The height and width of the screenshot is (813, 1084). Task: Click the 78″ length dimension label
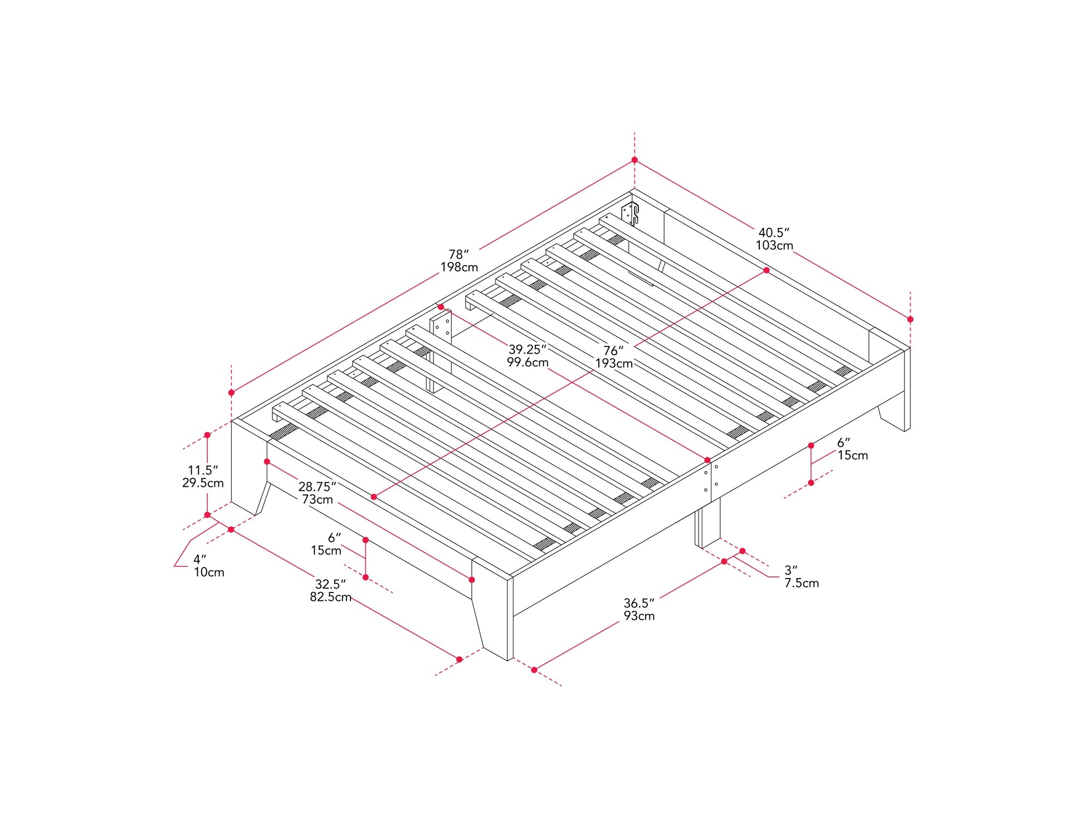[x=459, y=254]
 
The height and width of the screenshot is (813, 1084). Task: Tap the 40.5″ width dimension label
[x=774, y=232]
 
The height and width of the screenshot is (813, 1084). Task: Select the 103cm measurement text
[x=774, y=246]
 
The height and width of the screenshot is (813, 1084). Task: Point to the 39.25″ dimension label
[x=528, y=349]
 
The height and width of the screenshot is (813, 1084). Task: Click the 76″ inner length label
[x=613, y=351]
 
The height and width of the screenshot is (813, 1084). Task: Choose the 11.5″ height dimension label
[x=203, y=470]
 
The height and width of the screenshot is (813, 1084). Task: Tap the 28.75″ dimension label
[x=317, y=487]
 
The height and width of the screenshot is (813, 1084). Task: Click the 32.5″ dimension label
[x=330, y=584]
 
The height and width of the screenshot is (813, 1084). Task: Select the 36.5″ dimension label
[x=639, y=603]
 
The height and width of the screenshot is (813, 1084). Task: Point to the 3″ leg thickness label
[x=791, y=570]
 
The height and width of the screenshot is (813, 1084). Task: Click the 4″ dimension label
[x=200, y=559]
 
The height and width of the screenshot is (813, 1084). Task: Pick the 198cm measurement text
[x=459, y=267]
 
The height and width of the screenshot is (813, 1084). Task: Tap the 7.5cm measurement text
[x=802, y=584]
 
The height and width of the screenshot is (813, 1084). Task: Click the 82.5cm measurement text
[x=330, y=597]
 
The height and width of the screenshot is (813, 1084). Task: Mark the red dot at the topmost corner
[x=634, y=160]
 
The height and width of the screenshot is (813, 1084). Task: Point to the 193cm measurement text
[x=613, y=364]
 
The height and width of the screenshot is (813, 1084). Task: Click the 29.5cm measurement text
[x=203, y=483]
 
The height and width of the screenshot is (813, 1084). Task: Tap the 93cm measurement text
[x=639, y=616]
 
